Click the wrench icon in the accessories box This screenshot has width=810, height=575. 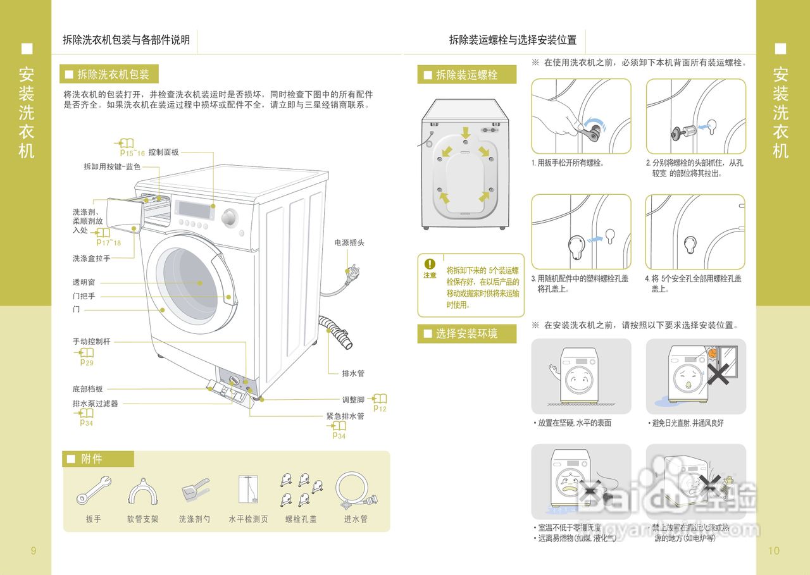point(94,489)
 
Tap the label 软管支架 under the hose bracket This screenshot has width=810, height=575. point(142,519)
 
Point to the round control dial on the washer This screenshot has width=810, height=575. point(229,218)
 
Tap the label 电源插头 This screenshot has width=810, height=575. point(349,243)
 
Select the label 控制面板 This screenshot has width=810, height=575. point(164,152)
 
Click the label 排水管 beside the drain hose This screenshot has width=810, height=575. point(353,374)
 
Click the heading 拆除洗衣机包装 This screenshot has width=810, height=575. point(113,75)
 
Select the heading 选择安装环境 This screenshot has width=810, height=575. point(466,334)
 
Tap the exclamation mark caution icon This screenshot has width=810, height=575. point(430,264)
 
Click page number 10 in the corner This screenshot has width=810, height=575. point(774,551)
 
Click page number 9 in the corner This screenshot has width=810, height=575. point(34,551)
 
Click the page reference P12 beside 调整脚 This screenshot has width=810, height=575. point(380,409)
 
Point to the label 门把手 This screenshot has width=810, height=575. point(84,297)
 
